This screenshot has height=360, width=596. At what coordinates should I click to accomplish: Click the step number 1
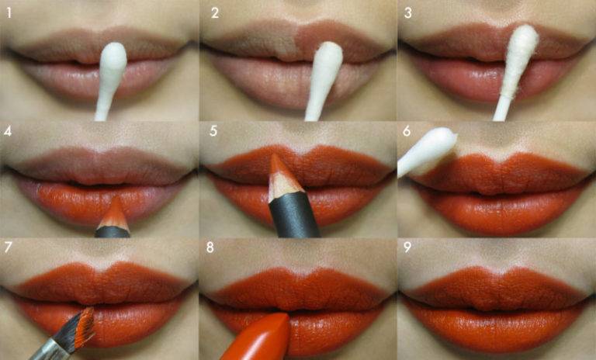click(9, 13)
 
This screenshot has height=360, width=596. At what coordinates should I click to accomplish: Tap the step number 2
click(215, 13)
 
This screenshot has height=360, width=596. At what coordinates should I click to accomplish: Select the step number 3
click(408, 13)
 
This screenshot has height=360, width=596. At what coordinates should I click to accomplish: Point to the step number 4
click(8, 131)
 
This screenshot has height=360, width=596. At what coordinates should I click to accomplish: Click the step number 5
click(213, 131)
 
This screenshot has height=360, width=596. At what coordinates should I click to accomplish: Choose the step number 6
click(407, 131)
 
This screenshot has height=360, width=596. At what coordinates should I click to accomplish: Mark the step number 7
click(8, 247)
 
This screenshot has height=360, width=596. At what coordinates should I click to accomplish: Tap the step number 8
click(210, 247)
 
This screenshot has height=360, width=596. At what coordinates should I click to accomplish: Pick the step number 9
click(407, 247)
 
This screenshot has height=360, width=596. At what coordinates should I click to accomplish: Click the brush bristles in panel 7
click(81, 327)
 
